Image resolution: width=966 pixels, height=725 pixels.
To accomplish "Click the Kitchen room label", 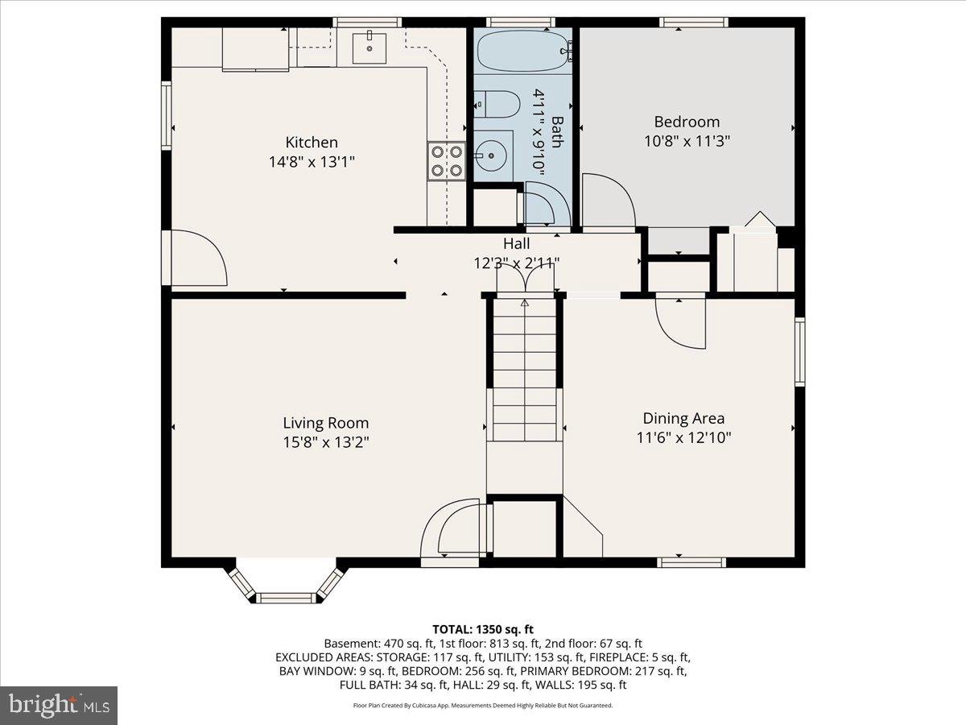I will tap(312, 143).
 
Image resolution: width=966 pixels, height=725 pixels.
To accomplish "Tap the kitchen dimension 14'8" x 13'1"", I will tap(312, 162).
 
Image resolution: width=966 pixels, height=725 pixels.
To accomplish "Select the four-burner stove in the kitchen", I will tap(446, 159).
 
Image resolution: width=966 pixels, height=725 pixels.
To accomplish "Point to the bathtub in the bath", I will tap(523, 50).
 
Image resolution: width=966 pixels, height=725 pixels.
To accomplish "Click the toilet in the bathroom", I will tap(497, 104).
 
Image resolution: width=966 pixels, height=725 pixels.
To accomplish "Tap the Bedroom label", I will tap(686, 122).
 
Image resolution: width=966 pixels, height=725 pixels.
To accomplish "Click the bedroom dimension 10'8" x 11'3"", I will tap(686, 141).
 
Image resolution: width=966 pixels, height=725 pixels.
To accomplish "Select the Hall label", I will tap(516, 243).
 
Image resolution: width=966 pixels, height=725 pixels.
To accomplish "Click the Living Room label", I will tap(325, 423).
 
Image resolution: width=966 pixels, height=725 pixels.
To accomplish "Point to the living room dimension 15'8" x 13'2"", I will tap(325, 442).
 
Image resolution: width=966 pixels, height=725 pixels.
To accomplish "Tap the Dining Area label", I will tap(683, 418).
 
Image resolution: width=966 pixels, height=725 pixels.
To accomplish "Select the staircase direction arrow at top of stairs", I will tap(525, 304).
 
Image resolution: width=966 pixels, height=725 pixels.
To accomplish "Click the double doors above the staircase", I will tap(525, 280).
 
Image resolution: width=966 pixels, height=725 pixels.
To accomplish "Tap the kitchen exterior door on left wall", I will tap(196, 258).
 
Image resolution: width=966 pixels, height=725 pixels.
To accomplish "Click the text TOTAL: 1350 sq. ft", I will tap(482, 629).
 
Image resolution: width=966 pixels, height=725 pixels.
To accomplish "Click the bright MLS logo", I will tap(59, 705).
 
